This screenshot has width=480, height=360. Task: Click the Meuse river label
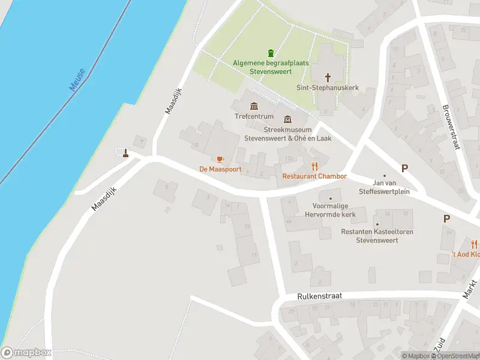77,80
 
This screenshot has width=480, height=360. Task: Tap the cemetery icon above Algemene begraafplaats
270,53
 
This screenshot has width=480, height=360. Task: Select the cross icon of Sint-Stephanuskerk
328,77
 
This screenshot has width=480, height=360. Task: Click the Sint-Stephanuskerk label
328,88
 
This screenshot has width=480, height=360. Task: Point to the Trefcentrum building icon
254,106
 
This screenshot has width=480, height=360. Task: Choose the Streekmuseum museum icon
287,119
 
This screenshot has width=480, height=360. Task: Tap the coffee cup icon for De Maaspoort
220,159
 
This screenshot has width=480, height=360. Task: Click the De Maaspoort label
220,169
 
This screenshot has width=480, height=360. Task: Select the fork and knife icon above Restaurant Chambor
314,166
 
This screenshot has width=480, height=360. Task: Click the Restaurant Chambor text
314,176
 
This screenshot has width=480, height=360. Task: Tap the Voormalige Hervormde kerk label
330,210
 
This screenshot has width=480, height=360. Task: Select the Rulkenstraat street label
319,296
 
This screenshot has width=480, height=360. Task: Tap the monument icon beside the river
125,153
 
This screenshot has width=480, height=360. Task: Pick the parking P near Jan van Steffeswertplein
404,169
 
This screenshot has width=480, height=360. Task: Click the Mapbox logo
25,353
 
